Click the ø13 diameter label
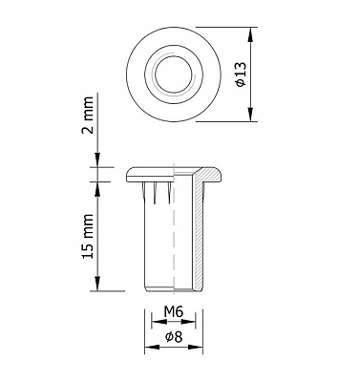[x=241, y=74]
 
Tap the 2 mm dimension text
[x=88, y=115]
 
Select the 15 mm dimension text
[x=88, y=236]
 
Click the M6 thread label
[x=174, y=311]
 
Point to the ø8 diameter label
[x=174, y=337]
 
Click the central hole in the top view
[x=174, y=74]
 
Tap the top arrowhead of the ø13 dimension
[x=251, y=34]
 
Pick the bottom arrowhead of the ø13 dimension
[x=251, y=115]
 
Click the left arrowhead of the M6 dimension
[x=159, y=322]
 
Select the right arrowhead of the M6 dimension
[x=188, y=322]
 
